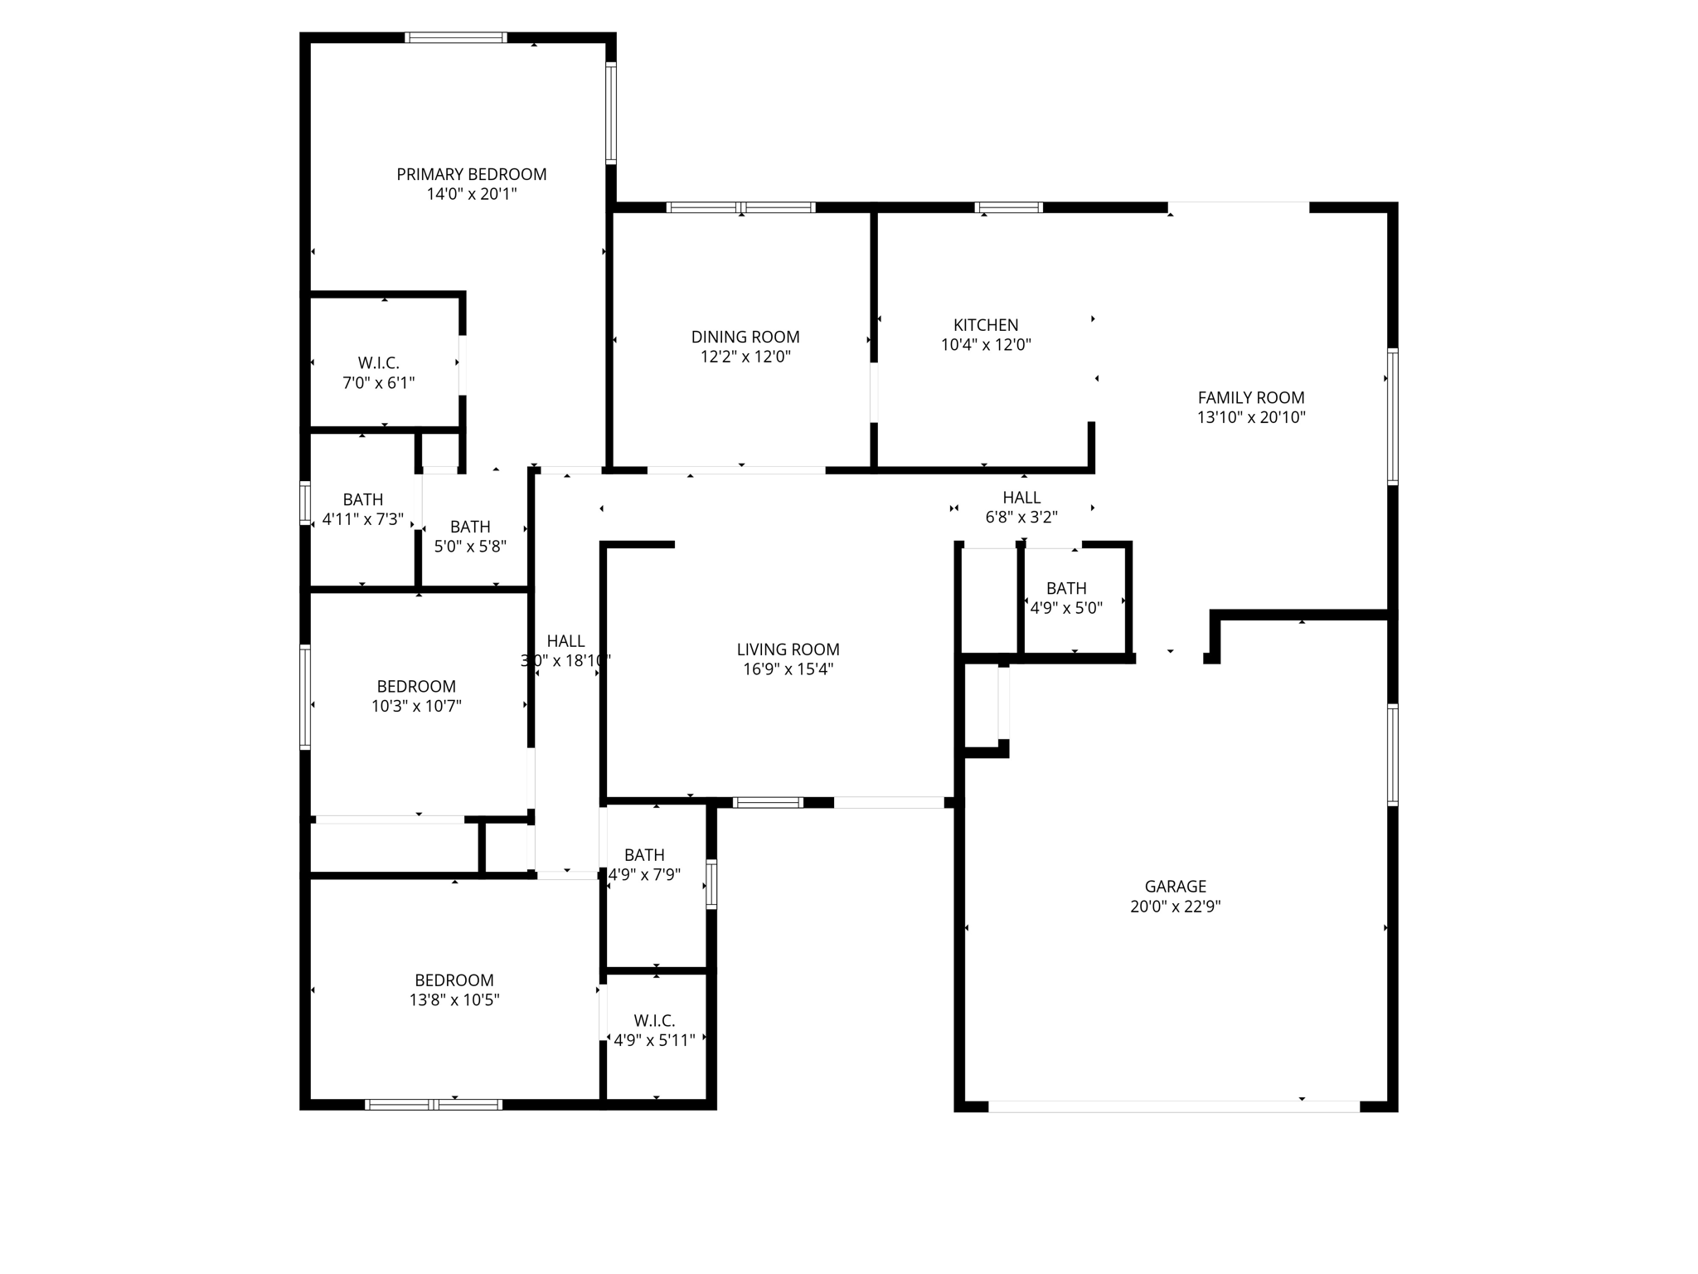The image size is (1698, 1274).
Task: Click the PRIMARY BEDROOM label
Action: pyautogui.click(x=471, y=174)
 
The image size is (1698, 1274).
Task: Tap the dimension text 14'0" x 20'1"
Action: pyautogui.click(x=471, y=194)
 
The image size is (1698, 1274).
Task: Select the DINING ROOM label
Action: pyautogui.click(x=745, y=337)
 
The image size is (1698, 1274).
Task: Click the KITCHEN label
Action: pyautogui.click(x=985, y=325)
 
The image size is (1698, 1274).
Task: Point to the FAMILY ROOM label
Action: pyautogui.click(x=1250, y=397)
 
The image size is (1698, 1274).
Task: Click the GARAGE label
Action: pyautogui.click(x=1175, y=886)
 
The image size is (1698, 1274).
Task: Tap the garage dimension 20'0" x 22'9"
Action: pyautogui.click(x=1175, y=907)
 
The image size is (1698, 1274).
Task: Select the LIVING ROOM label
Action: pyautogui.click(x=788, y=649)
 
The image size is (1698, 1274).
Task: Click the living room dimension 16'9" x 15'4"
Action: pyautogui.click(x=788, y=669)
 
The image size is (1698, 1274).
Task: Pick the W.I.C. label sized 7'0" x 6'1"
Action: pyautogui.click(x=378, y=362)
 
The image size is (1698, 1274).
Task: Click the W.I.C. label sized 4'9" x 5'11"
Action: pyautogui.click(x=654, y=1020)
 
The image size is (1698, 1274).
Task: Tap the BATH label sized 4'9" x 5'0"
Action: pyautogui.click(x=1065, y=588)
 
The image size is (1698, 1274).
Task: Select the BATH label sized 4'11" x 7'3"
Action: pyautogui.click(x=362, y=499)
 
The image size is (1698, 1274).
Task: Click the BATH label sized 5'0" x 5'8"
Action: pyautogui.click(x=469, y=527)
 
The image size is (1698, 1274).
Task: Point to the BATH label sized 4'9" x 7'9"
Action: pyautogui.click(x=644, y=854)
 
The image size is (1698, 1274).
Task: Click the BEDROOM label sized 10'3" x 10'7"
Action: pyautogui.click(x=415, y=686)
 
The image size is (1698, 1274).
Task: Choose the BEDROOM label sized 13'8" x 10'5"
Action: pyautogui.click(x=454, y=980)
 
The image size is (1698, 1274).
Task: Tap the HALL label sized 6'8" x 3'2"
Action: pyautogui.click(x=1021, y=497)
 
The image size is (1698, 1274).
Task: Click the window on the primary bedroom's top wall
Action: pyautogui.click(x=455, y=37)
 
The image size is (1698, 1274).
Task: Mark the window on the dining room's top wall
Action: pyautogui.click(x=740, y=207)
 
